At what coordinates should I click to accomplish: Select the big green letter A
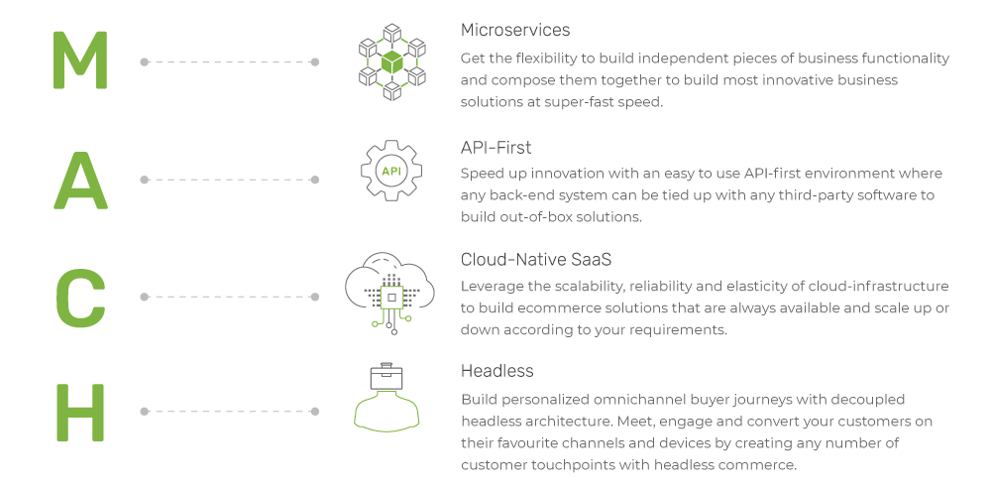[81, 180]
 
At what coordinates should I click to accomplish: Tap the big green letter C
[80, 298]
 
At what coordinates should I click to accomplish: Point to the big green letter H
[80, 412]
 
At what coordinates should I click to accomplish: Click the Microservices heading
[515, 30]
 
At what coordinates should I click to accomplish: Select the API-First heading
[496, 148]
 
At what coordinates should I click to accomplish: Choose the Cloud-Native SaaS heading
[536, 259]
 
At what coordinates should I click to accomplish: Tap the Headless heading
[497, 370]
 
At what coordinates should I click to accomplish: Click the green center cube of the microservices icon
[391, 62]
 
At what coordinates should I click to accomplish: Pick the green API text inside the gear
[391, 172]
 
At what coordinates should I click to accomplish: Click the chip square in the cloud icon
[391, 297]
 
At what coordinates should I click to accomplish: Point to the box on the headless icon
[386, 378]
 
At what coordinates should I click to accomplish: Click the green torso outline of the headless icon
[386, 410]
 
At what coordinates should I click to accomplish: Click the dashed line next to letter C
[230, 297]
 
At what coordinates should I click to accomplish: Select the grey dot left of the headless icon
[315, 412]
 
